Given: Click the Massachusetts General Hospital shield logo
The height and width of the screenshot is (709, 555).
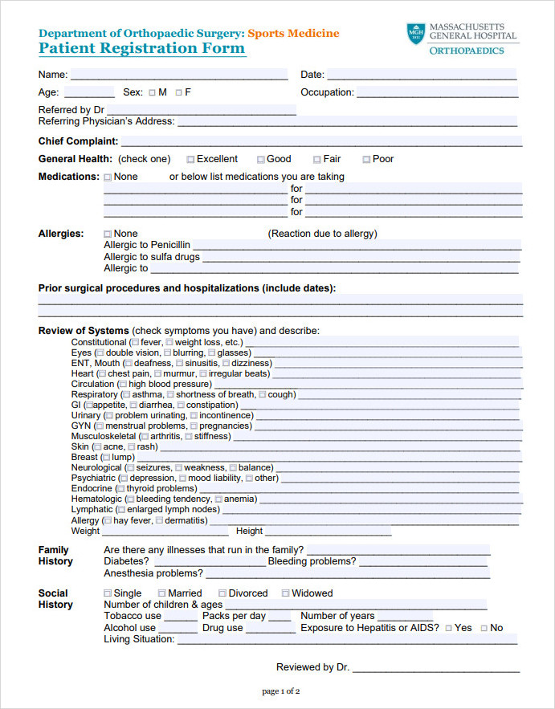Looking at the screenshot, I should (415, 34).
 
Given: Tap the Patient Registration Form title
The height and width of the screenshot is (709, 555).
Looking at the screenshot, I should (141, 48).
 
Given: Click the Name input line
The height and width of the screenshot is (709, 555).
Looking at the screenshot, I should (178, 75).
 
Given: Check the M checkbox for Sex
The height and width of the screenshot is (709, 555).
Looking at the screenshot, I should (152, 93).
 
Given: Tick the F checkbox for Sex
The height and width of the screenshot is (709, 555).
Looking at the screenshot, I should (178, 93).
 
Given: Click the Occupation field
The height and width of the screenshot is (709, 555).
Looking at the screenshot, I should (437, 92).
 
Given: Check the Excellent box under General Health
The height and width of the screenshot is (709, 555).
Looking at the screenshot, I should (190, 160).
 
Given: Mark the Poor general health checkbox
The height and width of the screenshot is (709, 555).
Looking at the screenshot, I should (366, 160).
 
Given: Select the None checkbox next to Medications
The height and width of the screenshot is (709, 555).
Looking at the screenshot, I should (108, 177).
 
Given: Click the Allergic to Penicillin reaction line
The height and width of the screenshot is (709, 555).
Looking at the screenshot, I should (356, 245).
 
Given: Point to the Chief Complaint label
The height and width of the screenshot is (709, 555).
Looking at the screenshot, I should (78, 141).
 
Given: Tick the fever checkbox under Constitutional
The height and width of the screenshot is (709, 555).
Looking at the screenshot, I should (134, 343).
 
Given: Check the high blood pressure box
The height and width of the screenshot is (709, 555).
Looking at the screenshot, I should (123, 385).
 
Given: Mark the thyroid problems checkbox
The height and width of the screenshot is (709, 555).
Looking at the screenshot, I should (120, 489).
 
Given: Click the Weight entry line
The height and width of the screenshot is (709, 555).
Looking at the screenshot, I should (165, 531).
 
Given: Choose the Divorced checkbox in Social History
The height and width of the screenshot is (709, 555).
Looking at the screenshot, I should (222, 594).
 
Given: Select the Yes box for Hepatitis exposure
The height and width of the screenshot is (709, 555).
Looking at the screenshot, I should (448, 629).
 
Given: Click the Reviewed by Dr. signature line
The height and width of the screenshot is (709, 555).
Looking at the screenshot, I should (435, 667).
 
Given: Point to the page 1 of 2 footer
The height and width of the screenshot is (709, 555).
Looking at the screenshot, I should (281, 691).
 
